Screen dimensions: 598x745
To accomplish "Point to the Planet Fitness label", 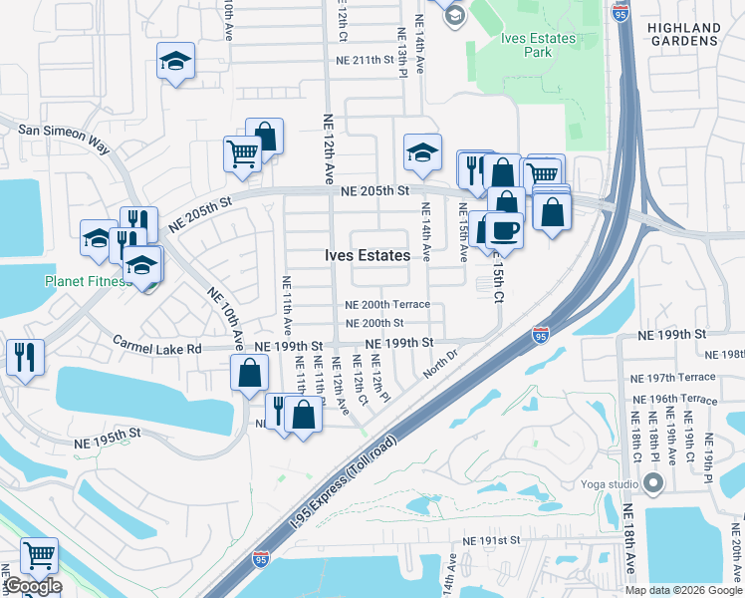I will (x=88, y=281).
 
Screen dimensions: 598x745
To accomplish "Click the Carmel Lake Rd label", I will (x=157, y=349).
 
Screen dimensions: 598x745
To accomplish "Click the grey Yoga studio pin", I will (x=653, y=484).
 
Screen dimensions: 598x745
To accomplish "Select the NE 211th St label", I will (x=372, y=60).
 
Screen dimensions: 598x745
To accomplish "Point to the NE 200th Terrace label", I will (x=386, y=305).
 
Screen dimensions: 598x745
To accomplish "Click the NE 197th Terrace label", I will (x=673, y=379).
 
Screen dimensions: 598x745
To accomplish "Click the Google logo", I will (x=32, y=586).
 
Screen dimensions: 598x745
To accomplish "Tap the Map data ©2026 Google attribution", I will (x=682, y=590).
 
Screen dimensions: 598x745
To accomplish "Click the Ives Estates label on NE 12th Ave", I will (x=367, y=256).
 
